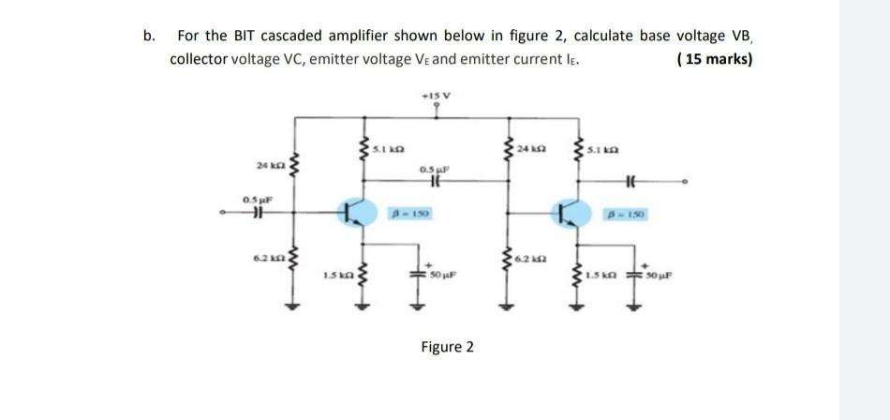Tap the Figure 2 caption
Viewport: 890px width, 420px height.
[x=447, y=348]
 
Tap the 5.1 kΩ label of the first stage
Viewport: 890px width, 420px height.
[x=388, y=149]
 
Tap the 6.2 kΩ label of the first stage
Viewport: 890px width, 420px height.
[x=266, y=255]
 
